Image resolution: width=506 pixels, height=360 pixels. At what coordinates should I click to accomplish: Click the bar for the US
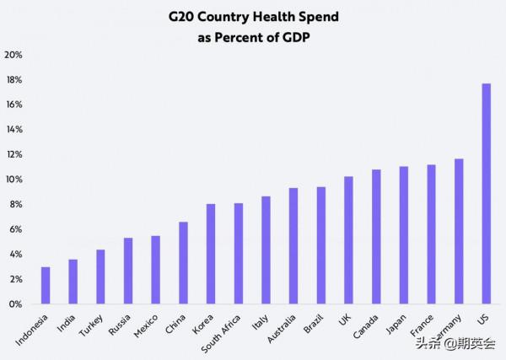(x=487, y=194)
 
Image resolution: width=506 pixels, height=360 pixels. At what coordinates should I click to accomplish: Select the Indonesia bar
(x=46, y=286)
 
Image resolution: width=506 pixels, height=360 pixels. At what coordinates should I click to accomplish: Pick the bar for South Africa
(x=239, y=254)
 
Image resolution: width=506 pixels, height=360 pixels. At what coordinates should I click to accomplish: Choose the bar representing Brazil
(x=321, y=245)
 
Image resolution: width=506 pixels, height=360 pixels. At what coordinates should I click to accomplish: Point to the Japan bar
(x=404, y=235)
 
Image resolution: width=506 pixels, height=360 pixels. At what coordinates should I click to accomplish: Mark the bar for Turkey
(x=100, y=277)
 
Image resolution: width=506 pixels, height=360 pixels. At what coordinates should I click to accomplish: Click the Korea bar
(x=211, y=254)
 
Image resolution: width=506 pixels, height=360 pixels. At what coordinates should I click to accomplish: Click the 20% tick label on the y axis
(x=13, y=55)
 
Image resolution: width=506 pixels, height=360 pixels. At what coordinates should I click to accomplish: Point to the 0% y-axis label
(x=15, y=304)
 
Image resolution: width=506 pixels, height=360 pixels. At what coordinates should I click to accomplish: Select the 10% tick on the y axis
(x=13, y=180)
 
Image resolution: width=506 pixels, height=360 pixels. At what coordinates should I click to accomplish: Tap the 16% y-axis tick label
(x=13, y=105)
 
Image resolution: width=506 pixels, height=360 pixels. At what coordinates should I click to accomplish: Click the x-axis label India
(x=66, y=324)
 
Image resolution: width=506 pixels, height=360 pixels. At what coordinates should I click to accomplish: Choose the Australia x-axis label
(x=281, y=329)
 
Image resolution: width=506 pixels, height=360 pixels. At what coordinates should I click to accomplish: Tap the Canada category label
(x=367, y=326)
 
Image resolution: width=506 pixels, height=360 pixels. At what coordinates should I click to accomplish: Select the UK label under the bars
(x=342, y=320)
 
